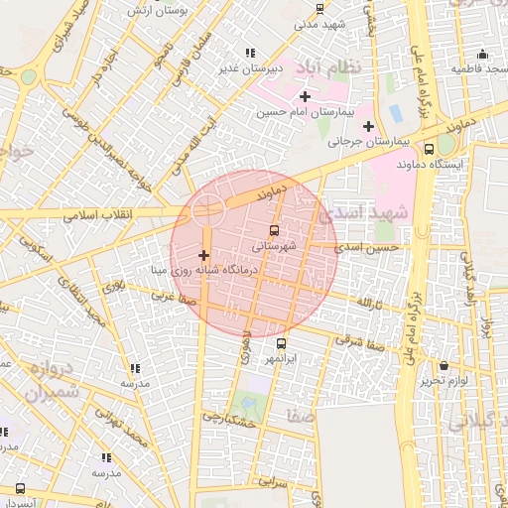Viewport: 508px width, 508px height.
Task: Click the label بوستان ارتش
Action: click(158, 11)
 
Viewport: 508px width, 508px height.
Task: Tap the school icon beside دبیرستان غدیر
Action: click(249, 53)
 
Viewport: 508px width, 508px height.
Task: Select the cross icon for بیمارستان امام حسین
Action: click(305, 96)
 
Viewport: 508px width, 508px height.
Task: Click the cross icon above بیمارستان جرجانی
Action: click(368, 126)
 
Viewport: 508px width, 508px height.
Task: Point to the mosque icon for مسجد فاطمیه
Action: click(482, 55)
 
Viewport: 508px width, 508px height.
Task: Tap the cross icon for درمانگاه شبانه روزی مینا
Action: click(204, 256)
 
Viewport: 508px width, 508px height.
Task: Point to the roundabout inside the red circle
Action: click(207, 210)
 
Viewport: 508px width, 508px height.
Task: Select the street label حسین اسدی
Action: click(367, 246)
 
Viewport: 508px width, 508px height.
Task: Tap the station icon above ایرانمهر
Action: click(282, 343)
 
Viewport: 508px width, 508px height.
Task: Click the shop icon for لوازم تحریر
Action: click(443, 366)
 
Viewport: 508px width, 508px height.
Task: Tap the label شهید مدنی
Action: click(318, 22)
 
